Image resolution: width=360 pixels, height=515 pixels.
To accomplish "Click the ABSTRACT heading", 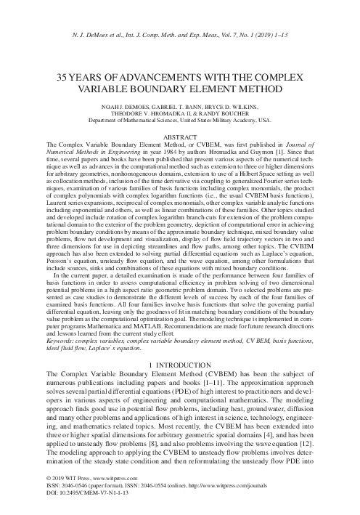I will (x=179, y=137).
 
